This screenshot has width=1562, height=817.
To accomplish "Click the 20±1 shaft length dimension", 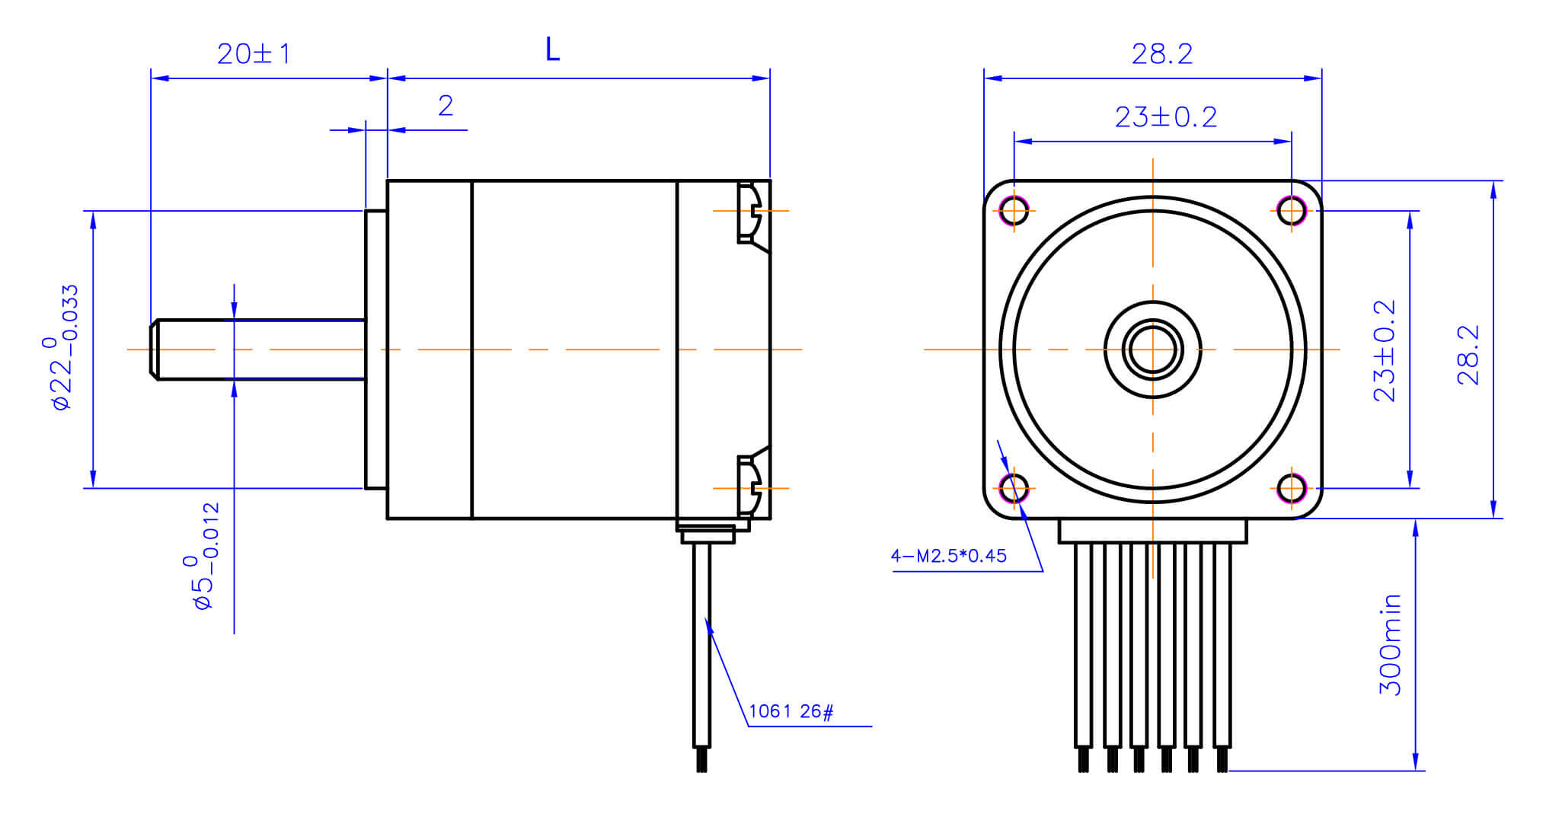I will pyautogui.click(x=254, y=54).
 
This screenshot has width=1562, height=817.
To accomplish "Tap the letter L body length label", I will pyautogui.click(x=552, y=50).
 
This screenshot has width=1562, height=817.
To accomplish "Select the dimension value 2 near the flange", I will pyautogui.click(x=446, y=106).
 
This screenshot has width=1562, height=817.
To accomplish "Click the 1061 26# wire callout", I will pyautogui.click(x=791, y=711).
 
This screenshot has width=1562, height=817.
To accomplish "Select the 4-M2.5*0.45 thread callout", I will pyautogui.click(x=948, y=556).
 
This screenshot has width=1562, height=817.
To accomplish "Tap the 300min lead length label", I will pyautogui.click(x=1390, y=644).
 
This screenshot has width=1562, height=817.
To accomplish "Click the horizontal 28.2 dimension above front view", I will pyautogui.click(x=1161, y=54).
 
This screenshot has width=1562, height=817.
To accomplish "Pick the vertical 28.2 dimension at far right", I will pyautogui.click(x=1468, y=355).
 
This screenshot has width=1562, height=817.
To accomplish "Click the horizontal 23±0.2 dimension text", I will pyautogui.click(x=1165, y=117).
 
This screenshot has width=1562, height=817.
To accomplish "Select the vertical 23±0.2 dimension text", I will pyautogui.click(x=1384, y=351).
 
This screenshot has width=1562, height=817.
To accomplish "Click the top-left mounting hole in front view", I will pyautogui.click(x=1014, y=210).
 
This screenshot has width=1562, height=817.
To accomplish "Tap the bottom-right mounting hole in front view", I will pyautogui.click(x=1292, y=488).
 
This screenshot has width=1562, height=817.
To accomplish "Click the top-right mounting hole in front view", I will pyautogui.click(x=1292, y=210).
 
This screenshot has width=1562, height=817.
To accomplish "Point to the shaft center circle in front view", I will pyautogui.click(x=1152, y=349).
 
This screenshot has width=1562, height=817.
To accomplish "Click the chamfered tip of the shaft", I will pyautogui.click(x=155, y=349).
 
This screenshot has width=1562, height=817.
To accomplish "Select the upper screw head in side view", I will pyautogui.click(x=749, y=212).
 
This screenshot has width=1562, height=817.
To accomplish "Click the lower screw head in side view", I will pyautogui.click(x=749, y=486).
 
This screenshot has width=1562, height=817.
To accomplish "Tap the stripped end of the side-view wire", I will pyautogui.click(x=701, y=760).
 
